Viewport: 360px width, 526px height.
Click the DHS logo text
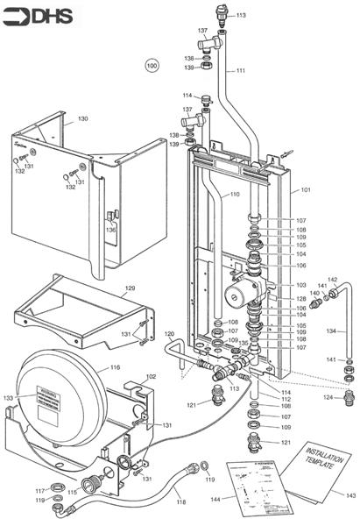click(44, 15)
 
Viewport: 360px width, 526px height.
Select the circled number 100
click(152, 65)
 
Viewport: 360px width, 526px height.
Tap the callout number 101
click(306, 189)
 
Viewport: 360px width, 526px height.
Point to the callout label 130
click(82, 118)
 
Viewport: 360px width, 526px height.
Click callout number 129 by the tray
click(130, 288)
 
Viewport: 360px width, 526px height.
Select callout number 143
click(350, 495)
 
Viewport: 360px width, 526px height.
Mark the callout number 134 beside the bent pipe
click(330, 331)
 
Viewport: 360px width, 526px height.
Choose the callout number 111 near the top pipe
click(241, 70)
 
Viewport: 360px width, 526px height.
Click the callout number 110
click(234, 194)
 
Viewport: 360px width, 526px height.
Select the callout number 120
click(169, 335)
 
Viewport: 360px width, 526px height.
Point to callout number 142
click(332, 280)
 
